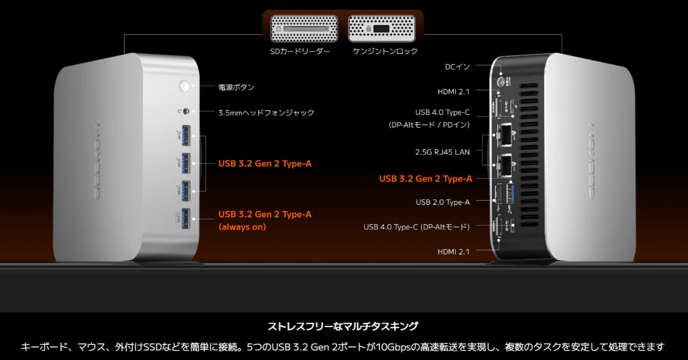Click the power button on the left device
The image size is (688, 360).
click(184, 86)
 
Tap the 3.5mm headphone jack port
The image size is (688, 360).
click(186, 111)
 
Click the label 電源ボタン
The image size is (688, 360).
click(236, 87)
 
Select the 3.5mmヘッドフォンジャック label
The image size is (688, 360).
click(266, 113)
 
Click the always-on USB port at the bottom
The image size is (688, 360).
click(185, 219)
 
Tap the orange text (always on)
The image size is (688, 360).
click(242, 227)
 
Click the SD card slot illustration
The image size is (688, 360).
click(304, 28)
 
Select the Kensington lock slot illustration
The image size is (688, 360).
click(382, 28)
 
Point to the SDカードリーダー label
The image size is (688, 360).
click(300, 51)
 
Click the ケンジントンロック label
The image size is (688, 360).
click(385, 51)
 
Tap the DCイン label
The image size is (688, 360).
click(457, 67)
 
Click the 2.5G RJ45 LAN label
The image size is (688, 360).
click(442, 152)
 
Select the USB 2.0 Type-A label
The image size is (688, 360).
click(442, 202)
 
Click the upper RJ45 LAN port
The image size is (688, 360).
click(504, 134)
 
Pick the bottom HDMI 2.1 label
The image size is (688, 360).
click(453, 252)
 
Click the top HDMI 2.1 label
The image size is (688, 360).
click(453, 91)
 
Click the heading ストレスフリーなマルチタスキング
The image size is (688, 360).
click(343, 326)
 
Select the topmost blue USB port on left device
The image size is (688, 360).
click(186, 135)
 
